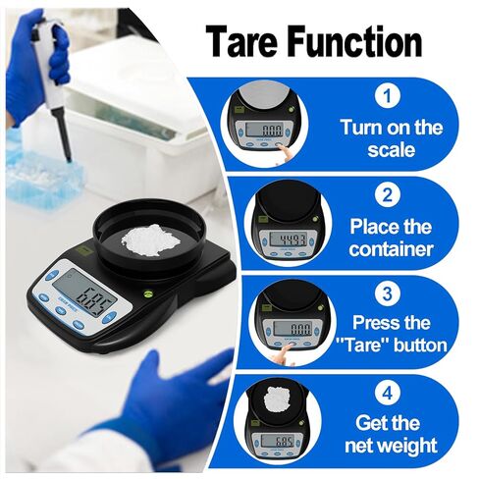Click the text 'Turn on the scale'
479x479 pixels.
[x=391, y=138]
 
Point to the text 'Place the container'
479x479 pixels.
[x=391, y=237]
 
